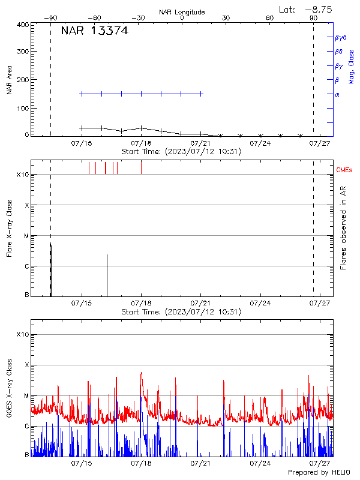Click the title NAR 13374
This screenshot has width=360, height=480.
(x=94, y=31)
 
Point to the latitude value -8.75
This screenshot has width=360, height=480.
(x=319, y=9)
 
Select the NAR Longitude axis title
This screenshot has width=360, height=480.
(x=182, y=12)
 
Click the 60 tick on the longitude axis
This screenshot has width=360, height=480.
(x=270, y=18)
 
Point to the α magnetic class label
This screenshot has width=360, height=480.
(x=337, y=94)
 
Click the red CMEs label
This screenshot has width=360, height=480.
(x=345, y=170)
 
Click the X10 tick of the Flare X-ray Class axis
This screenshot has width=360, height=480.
(x=22, y=175)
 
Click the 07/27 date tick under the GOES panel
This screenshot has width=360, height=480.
(x=319, y=463)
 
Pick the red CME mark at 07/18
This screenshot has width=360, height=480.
(x=141, y=167)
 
